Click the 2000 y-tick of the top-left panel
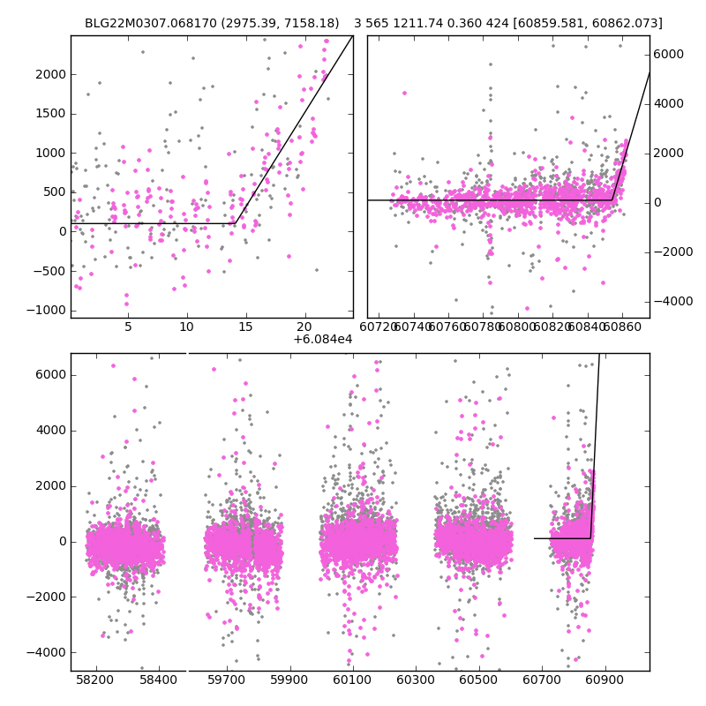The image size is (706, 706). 51,74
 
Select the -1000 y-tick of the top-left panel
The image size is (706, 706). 49,310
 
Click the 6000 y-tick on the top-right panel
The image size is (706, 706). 669,54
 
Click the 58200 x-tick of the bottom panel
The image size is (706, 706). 95,681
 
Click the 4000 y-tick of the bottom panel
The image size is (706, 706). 51,430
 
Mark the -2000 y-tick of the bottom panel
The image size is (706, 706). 49,597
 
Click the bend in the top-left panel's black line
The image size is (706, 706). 235,223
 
